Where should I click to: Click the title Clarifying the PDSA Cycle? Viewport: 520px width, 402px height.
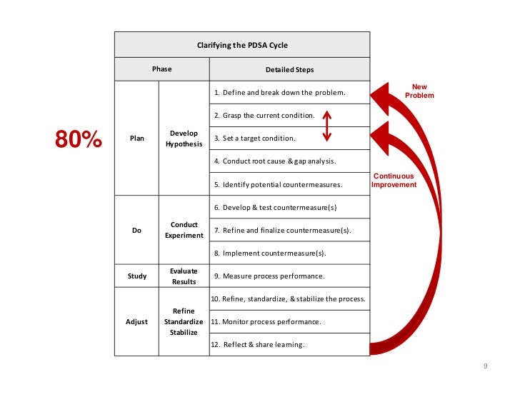point(242,45)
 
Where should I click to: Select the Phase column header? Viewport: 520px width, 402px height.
point(161,69)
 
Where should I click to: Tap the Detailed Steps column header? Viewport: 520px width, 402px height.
point(289,69)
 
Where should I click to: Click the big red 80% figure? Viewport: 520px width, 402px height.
point(79,140)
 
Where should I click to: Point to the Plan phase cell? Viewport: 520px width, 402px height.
point(136,139)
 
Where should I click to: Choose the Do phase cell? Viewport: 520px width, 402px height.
point(136,231)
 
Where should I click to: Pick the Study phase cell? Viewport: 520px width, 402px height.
point(136,276)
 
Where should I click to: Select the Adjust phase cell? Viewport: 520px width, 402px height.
point(136,322)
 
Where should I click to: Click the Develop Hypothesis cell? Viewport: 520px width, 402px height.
point(184,139)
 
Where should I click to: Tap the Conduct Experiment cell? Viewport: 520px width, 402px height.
point(184,231)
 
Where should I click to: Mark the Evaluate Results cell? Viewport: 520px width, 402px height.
point(184,276)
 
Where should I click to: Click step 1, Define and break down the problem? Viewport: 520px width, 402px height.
point(284,93)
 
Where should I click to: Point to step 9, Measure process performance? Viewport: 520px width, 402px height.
point(274,276)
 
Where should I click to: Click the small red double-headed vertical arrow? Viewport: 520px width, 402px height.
point(326,126)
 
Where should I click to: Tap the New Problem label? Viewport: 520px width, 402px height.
point(419,91)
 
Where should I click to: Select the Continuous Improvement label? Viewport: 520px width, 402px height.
point(393,180)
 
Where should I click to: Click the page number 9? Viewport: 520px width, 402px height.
point(485,367)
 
